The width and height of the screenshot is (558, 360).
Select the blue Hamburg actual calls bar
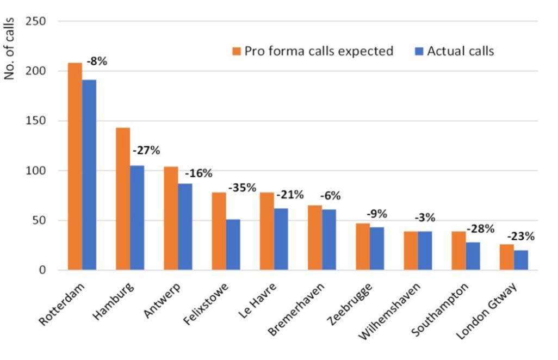137,218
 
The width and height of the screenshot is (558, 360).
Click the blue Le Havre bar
281,239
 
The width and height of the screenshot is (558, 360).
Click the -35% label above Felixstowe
242,188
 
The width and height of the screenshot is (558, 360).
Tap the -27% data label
146,151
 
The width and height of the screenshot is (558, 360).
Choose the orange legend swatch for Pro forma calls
237,52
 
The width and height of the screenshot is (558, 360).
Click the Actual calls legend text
460,51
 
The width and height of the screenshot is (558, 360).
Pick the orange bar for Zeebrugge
362,247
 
